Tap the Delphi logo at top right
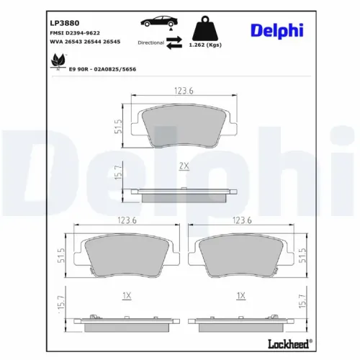point(276,30)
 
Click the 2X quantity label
point(184,166)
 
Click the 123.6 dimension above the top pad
point(184,89)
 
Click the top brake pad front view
point(184,128)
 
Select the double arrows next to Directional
point(174,42)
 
